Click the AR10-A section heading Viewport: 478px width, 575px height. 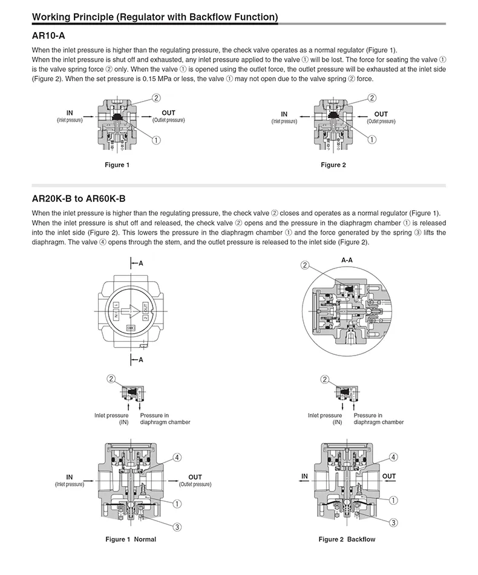(48, 36)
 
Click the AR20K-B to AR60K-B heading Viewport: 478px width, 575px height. (79, 198)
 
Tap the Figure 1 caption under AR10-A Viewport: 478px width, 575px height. (117, 165)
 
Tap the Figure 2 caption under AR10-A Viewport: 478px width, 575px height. (333, 165)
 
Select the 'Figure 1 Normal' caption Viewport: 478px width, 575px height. (131, 539)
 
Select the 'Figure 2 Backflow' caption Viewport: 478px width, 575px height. (347, 539)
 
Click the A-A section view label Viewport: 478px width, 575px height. (347, 259)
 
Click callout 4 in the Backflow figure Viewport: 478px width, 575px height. (393, 457)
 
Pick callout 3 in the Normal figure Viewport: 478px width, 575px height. (177, 527)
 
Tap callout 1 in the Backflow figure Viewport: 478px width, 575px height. (393, 500)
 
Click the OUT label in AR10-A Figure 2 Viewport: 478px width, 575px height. (381, 114)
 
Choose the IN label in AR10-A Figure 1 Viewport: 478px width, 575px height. (70, 112)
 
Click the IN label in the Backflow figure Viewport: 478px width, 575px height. (304, 476)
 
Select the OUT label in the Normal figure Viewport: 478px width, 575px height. (195, 477)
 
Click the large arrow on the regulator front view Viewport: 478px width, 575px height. (130, 312)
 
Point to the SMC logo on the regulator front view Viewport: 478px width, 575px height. (130, 327)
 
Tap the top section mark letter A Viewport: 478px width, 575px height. (141, 264)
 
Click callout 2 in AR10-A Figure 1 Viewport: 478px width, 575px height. (156, 98)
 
